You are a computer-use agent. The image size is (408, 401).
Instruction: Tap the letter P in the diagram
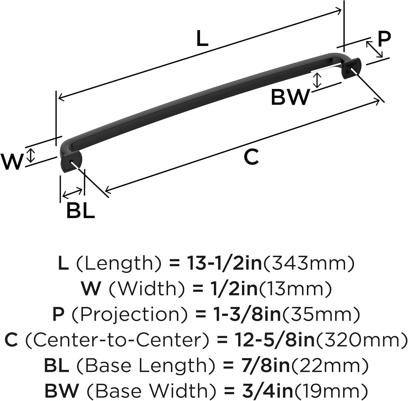pyautogui.click(x=384, y=39)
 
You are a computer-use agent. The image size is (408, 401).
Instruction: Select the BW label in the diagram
pyautogui.click(x=290, y=97)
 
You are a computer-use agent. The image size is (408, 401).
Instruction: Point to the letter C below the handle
pyautogui.click(x=251, y=157)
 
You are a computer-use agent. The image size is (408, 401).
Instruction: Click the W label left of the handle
pyautogui.click(x=12, y=162)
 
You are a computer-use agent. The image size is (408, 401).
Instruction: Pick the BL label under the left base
pyautogui.click(x=81, y=210)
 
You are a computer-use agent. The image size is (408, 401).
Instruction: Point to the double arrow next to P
pyautogui.click(x=374, y=50)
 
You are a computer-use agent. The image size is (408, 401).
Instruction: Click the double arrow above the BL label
pyautogui.click(x=72, y=192)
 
